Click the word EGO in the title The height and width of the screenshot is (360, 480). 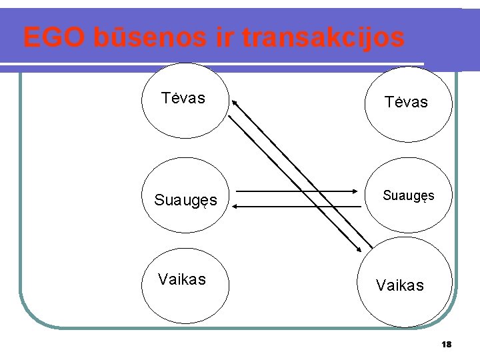(x=52, y=38)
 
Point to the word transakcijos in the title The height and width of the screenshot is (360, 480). (x=323, y=38)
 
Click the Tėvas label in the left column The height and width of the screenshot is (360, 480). (x=183, y=99)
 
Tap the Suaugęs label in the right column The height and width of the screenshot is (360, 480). (x=408, y=196)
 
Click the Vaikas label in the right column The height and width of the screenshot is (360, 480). (x=399, y=285)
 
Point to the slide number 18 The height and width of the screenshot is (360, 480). (x=447, y=345)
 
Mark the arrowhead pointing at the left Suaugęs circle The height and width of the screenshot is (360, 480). (x=237, y=206)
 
